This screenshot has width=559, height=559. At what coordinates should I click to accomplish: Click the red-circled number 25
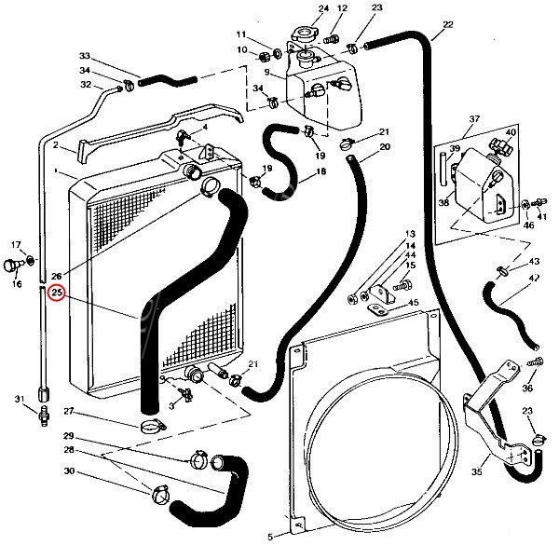pyautogui.click(x=56, y=294)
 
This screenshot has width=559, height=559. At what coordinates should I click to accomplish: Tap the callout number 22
pyautogui.click(x=448, y=24)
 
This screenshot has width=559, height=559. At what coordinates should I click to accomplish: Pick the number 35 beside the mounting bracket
pyautogui.click(x=477, y=472)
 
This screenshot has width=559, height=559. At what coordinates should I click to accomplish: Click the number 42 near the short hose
pyautogui.click(x=534, y=277)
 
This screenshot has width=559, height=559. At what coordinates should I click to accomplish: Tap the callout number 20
pyautogui.click(x=384, y=147)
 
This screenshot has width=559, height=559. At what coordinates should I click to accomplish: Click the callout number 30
pyautogui.click(x=94, y=471)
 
